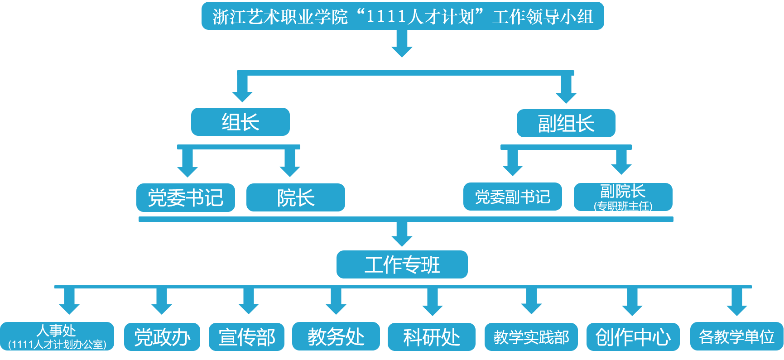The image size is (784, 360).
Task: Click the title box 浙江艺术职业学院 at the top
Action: (402, 16)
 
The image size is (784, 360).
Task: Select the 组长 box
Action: (240, 122)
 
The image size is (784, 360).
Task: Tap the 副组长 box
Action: (566, 123)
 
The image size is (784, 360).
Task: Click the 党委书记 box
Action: (185, 197)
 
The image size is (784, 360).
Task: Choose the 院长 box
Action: (295, 197)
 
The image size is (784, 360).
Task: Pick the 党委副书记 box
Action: (512, 197)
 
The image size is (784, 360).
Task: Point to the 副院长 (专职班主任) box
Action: (623, 197)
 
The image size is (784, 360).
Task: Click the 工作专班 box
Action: (402, 264)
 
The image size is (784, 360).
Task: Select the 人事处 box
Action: (57, 336)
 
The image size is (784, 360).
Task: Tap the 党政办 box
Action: (162, 337)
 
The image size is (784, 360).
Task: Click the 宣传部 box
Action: (246, 337)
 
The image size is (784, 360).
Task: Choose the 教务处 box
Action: (336, 336)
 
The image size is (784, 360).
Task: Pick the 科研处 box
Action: (431, 337)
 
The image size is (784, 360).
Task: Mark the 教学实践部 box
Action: (531, 337)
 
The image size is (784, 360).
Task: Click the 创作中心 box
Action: (633, 337)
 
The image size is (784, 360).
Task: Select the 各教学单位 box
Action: (736, 336)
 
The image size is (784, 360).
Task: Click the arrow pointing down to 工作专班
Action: (402, 236)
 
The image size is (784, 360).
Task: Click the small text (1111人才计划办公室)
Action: (57, 345)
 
